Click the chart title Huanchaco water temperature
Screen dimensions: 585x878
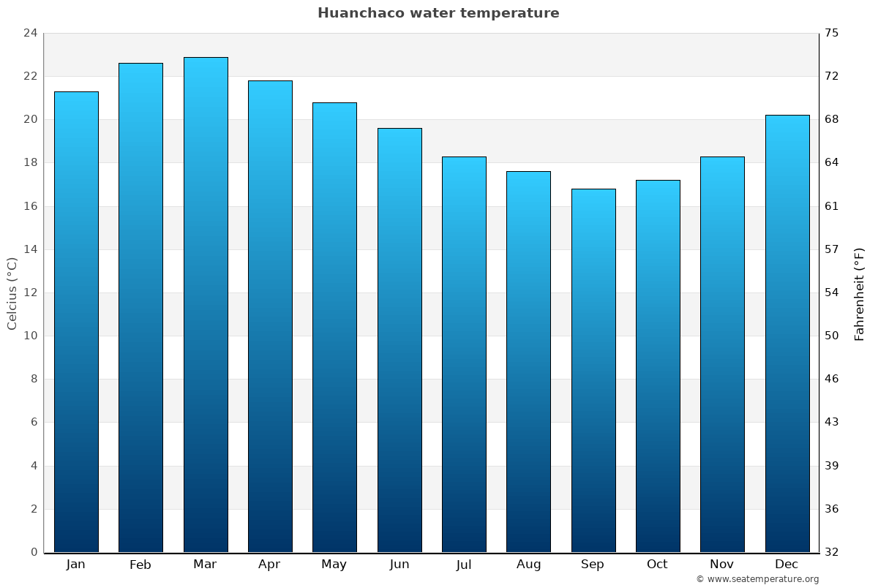pyautogui.click(x=438, y=13)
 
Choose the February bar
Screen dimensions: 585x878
pyautogui.click(x=140, y=307)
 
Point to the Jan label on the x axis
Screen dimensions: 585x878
pyautogui.click(x=75, y=565)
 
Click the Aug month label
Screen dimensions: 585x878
pyautogui.click(x=528, y=565)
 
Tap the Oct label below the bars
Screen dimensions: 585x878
pyautogui.click(x=657, y=565)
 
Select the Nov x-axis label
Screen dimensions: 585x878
pyautogui.click(x=721, y=565)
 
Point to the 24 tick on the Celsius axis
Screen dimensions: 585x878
pyautogui.click(x=30, y=33)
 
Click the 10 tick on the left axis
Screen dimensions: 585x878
pyautogui.click(x=30, y=336)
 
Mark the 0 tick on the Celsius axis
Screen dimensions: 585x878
pyautogui.click(x=34, y=552)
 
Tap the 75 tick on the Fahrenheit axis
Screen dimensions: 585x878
pyautogui.click(x=832, y=33)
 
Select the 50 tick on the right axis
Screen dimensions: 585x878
pyautogui.click(x=832, y=336)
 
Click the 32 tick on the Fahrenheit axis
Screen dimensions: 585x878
pyautogui.click(x=832, y=552)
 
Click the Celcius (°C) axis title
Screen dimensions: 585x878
pyautogui.click(x=12, y=292)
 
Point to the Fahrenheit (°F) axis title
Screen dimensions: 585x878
pyautogui.click(x=860, y=293)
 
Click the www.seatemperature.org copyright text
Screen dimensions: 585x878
pyautogui.click(x=757, y=579)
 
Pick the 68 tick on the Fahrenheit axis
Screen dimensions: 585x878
pyautogui.click(x=832, y=119)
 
